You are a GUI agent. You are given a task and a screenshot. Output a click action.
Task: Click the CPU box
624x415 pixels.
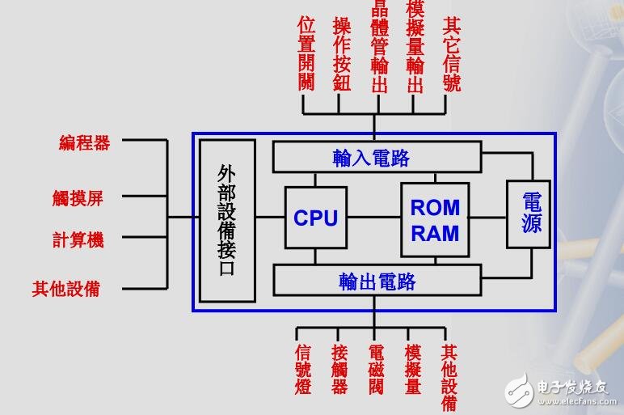tap(315, 218)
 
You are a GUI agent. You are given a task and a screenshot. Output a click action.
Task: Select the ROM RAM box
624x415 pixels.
tap(434, 219)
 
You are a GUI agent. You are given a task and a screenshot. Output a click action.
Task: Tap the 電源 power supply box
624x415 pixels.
tap(530, 214)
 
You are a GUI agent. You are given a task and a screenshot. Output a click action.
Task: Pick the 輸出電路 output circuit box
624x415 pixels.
tap(376, 281)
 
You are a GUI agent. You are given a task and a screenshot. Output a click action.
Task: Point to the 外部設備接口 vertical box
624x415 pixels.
tap(227, 220)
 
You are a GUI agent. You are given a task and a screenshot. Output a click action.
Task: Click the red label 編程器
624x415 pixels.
tap(84, 143)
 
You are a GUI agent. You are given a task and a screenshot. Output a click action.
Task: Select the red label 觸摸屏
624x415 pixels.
tap(78, 197)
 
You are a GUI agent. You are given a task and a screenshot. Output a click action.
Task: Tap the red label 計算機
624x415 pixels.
tap(78, 239)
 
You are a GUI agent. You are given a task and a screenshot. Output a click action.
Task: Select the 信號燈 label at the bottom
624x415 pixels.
tap(303, 371)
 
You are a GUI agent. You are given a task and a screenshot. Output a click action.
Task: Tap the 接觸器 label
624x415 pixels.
tap(339, 371)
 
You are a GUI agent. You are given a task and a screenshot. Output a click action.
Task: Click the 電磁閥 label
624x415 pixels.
tap(376, 371)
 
